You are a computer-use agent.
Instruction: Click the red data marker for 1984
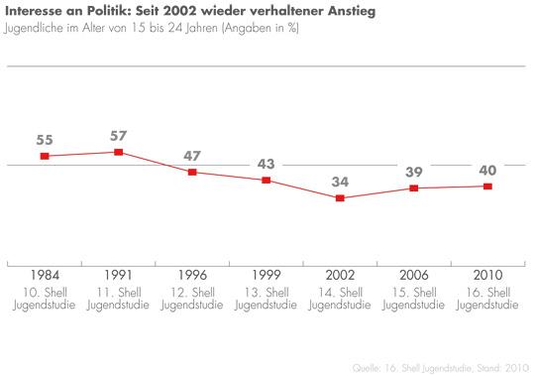(x=45, y=157)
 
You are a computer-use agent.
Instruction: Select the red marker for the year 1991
(x=118, y=152)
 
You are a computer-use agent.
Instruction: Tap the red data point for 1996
(x=192, y=173)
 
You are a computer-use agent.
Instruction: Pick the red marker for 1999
(x=267, y=181)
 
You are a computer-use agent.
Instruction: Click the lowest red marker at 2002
(x=340, y=198)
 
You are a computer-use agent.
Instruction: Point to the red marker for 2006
(x=414, y=188)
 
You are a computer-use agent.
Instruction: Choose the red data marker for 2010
(x=487, y=187)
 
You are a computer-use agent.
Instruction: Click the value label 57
(x=118, y=134)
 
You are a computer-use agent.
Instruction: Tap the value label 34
(x=340, y=182)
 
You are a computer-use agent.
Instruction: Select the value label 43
(x=267, y=164)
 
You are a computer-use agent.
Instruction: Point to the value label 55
(x=45, y=139)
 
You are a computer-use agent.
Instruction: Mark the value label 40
(x=487, y=170)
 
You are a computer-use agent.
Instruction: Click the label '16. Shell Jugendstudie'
(x=487, y=299)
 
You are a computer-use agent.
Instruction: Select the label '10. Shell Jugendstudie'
(x=45, y=299)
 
